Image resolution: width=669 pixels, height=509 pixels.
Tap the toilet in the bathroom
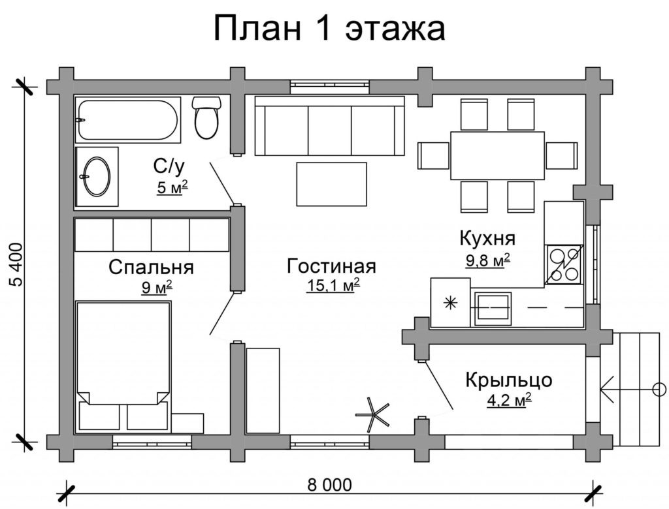point(206,118)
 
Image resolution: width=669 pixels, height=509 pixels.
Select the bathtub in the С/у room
point(128,119)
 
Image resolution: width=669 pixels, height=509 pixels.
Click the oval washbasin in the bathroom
point(97,174)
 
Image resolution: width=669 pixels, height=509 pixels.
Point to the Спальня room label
point(151,267)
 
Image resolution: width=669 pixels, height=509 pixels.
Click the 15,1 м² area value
point(333,285)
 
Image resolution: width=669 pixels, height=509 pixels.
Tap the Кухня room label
point(487,238)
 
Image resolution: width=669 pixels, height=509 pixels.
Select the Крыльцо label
point(509,380)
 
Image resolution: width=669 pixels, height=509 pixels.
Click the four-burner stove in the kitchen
point(564,264)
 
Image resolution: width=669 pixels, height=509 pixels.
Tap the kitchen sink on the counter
point(493,307)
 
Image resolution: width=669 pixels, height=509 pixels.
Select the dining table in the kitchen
point(497,155)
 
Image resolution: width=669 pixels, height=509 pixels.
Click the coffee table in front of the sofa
point(333,183)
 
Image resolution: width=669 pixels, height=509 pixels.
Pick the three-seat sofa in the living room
point(329,125)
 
